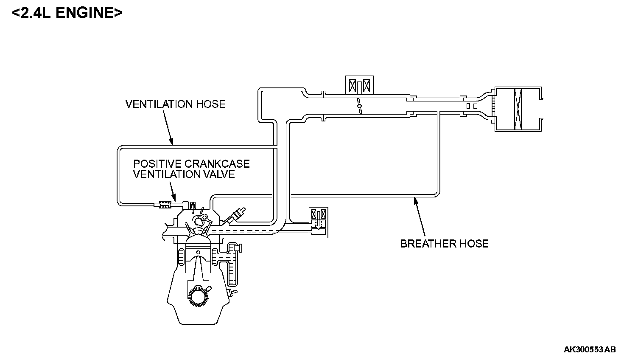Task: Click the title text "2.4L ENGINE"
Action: (x=67, y=13)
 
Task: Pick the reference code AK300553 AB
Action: (x=590, y=350)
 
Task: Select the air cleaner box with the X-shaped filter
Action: (x=518, y=109)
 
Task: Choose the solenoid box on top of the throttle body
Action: (x=358, y=86)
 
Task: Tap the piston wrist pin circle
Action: (x=198, y=253)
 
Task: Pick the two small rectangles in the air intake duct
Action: (x=472, y=105)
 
